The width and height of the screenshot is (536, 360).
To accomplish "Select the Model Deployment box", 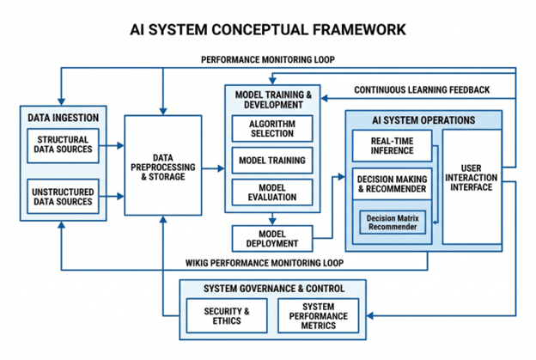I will (x=271, y=238).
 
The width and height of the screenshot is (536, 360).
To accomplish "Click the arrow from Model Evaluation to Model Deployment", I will (x=271, y=217).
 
